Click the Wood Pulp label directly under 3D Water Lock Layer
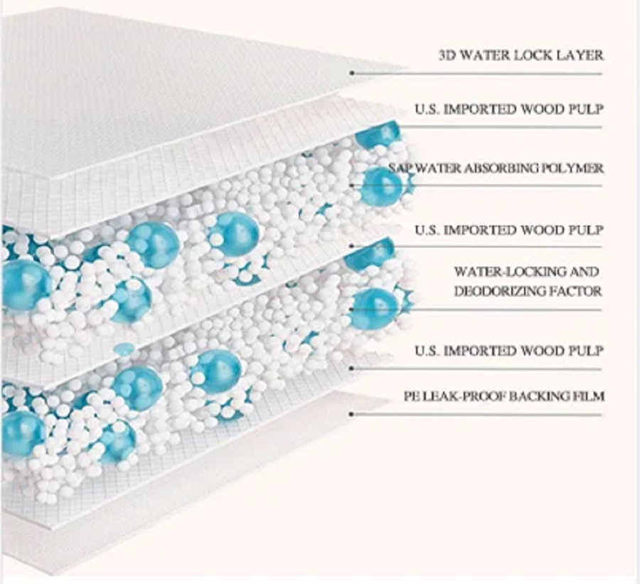509,110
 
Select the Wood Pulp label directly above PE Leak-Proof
509,351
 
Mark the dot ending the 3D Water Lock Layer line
352,73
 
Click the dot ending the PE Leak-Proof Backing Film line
352,413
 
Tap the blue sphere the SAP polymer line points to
381,186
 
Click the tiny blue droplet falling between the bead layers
124,349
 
